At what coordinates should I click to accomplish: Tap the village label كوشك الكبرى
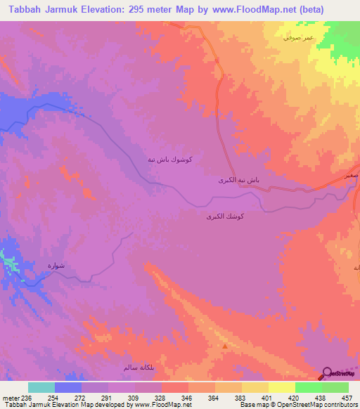pyautogui.click(x=225, y=218)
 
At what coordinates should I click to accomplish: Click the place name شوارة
pyautogui.click(x=56, y=266)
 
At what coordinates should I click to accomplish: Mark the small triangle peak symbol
pyautogui.click(x=225, y=346)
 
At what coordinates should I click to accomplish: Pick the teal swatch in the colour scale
pyautogui.click(x=41, y=387)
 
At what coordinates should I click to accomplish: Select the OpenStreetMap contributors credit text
pyautogui.click(x=320, y=405)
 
